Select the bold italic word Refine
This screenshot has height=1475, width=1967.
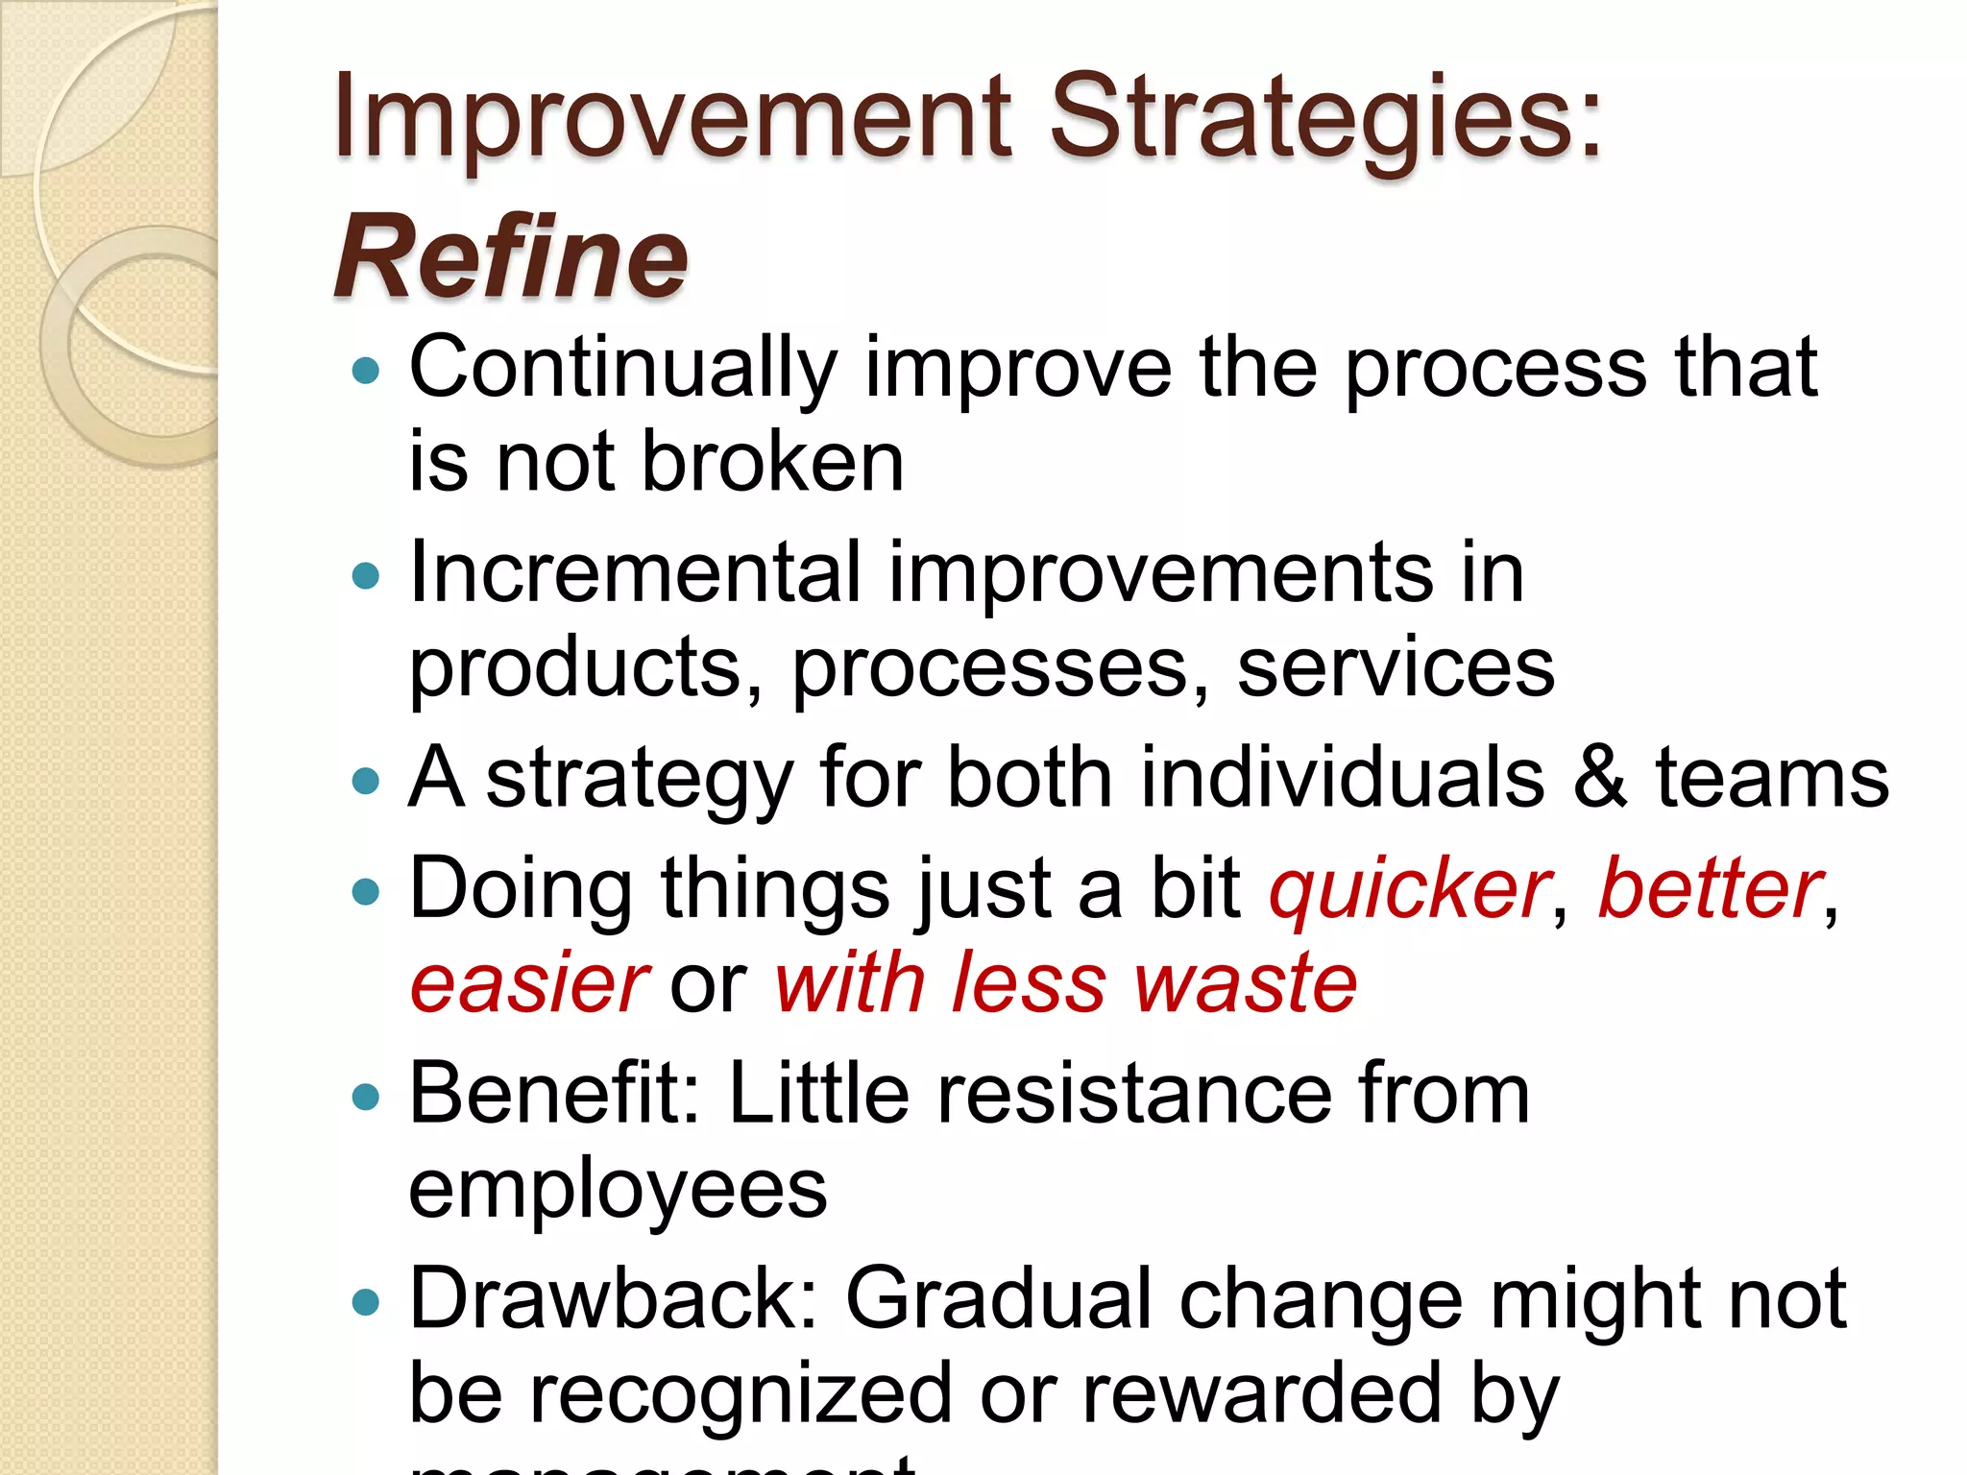(511, 257)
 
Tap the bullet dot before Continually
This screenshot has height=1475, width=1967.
(366, 371)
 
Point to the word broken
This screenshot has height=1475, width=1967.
(772, 463)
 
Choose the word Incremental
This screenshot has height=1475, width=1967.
(635, 573)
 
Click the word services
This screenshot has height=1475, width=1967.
(1396, 669)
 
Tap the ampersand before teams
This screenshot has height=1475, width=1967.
(1600, 778)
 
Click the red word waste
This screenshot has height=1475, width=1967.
(1246, 984)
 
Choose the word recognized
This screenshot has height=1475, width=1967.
(741, 1394)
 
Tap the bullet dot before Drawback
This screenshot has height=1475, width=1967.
(366, 1302)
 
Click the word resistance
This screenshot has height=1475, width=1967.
(1134, 1095)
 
